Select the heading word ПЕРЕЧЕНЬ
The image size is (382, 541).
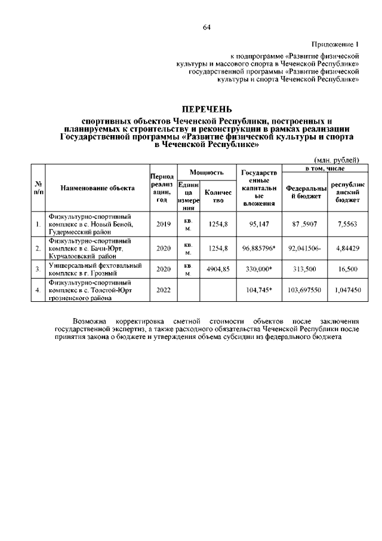pyautogui.click(x=207, y=109)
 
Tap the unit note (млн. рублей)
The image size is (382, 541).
pyautogui.click(x=337, y=160)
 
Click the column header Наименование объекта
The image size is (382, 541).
pyautogui.click(x=97, y=188)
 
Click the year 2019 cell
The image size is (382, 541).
pyautogui.click(x=163, y=224)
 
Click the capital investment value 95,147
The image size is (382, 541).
pyautogui.click(x=258, y=224)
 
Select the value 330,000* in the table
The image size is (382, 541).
pyautogui.click(x=258, y=269)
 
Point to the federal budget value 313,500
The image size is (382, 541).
pyautogui.click(x=305, y=269)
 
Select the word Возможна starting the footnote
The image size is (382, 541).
pyautogui.click(x=90, y=321)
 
